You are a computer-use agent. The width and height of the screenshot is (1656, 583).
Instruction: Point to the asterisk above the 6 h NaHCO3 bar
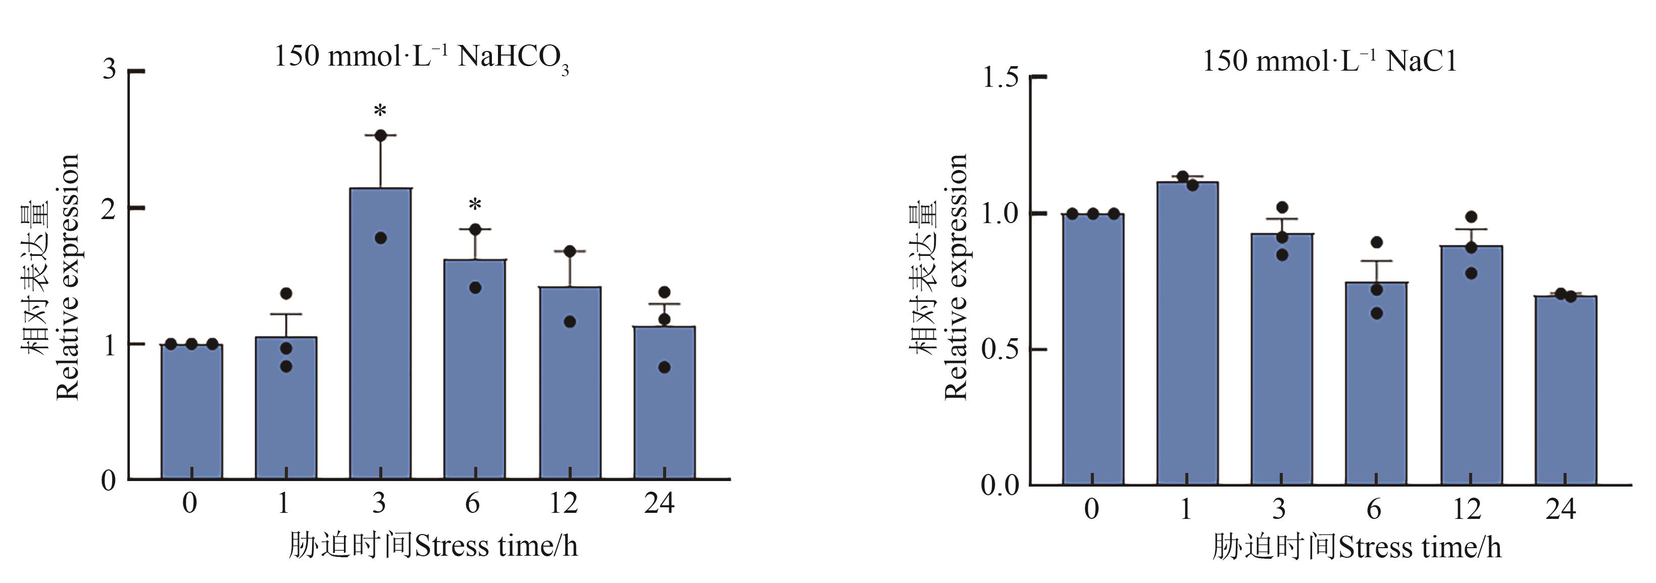tap(474, 205)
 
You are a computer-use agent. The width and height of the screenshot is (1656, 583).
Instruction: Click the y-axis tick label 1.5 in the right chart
tap(1000, 77)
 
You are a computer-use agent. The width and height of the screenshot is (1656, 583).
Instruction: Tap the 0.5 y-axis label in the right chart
tap(1000, 350)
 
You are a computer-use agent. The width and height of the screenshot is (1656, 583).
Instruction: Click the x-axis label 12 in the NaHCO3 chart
tap(564, 503)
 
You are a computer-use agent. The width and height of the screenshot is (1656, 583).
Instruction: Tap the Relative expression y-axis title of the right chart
tap(957, 277)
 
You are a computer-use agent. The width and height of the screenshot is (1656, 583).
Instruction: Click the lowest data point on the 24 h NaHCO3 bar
tap(664, 367)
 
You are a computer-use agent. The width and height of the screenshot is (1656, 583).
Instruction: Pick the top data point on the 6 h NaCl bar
tap(1376, 242)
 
